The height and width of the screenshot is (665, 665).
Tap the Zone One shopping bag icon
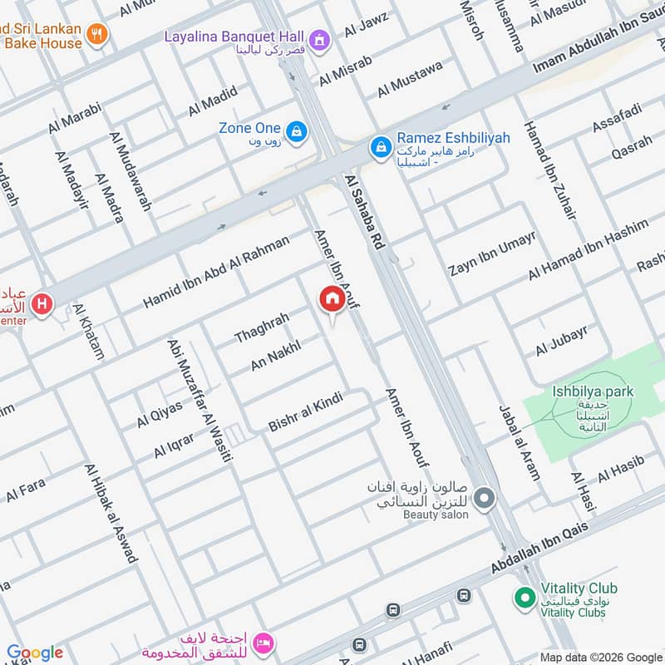(295, 131)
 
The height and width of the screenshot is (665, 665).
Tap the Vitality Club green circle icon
(525, 597)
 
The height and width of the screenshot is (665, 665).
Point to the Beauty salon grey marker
(485, 499)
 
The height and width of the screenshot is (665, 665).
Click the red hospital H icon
(42, 305)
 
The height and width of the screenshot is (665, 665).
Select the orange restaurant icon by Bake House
(98, 34)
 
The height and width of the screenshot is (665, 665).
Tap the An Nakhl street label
(275, 357)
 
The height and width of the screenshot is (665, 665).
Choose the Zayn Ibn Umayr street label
(492, 254)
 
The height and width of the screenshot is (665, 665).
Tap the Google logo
(35, 653)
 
